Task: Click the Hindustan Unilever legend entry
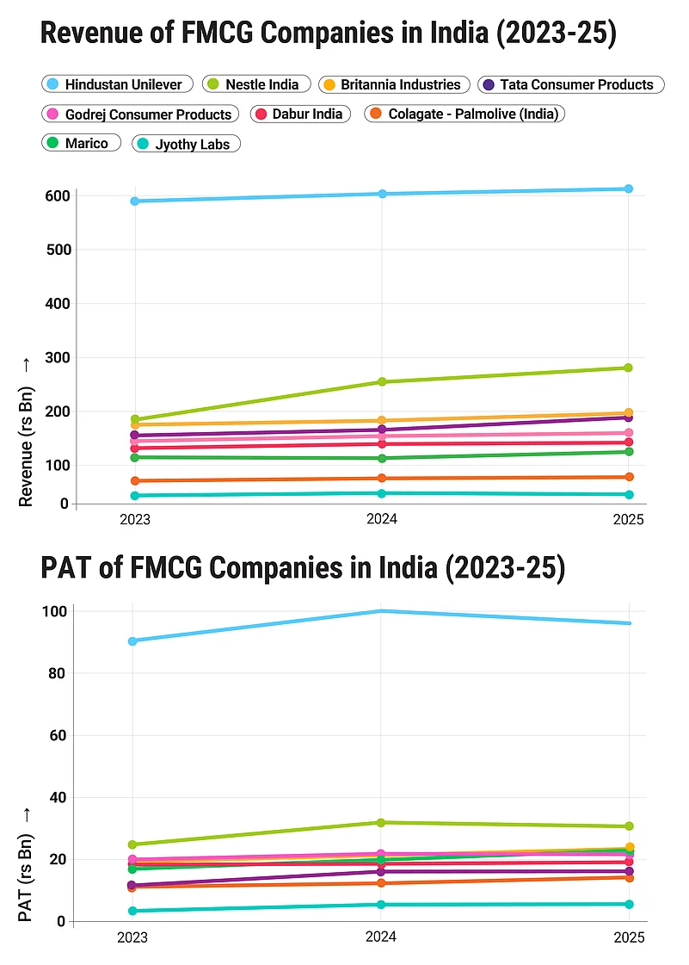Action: pos(117,84)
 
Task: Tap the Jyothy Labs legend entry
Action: pos(186,145)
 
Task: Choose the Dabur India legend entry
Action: pos(300,114)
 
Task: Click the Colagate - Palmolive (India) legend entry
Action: pos(464,114)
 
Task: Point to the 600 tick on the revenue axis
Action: pos(57,196)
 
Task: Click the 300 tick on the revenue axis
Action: pos(57,357)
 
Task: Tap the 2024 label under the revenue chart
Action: pos(382,521)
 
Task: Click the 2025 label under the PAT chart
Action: pos(629,937)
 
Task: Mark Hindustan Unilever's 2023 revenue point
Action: pos(135,201)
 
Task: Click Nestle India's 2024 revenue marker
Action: pos(382,382)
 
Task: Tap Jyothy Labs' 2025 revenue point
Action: pos(629,495)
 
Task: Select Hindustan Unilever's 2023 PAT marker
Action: pos(133,641)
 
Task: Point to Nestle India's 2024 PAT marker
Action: pos(381,823)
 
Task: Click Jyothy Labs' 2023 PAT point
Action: pos(133,911)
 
